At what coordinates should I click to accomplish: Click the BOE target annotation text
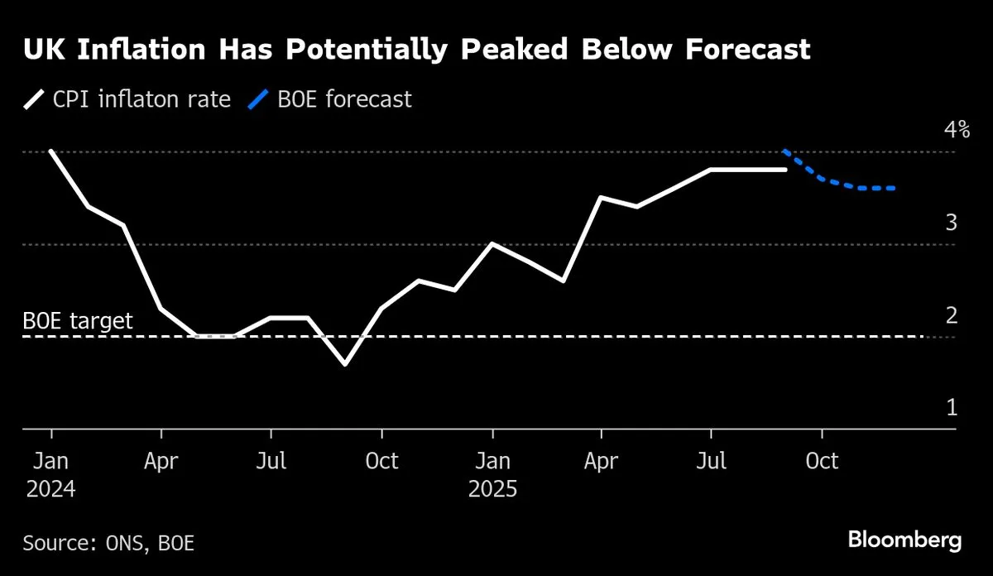point(78,320)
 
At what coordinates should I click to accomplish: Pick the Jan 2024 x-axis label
point(50,474)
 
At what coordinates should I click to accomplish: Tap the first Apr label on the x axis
point(161,460)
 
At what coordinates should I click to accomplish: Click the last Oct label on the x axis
point(822,460)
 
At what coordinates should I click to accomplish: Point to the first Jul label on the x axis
point(271,460)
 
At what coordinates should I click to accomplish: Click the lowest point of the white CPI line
point(345,364)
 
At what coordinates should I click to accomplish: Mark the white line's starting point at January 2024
point(51,151)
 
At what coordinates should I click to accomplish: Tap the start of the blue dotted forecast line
point(784,151)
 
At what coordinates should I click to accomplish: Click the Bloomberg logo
point(904,540)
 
